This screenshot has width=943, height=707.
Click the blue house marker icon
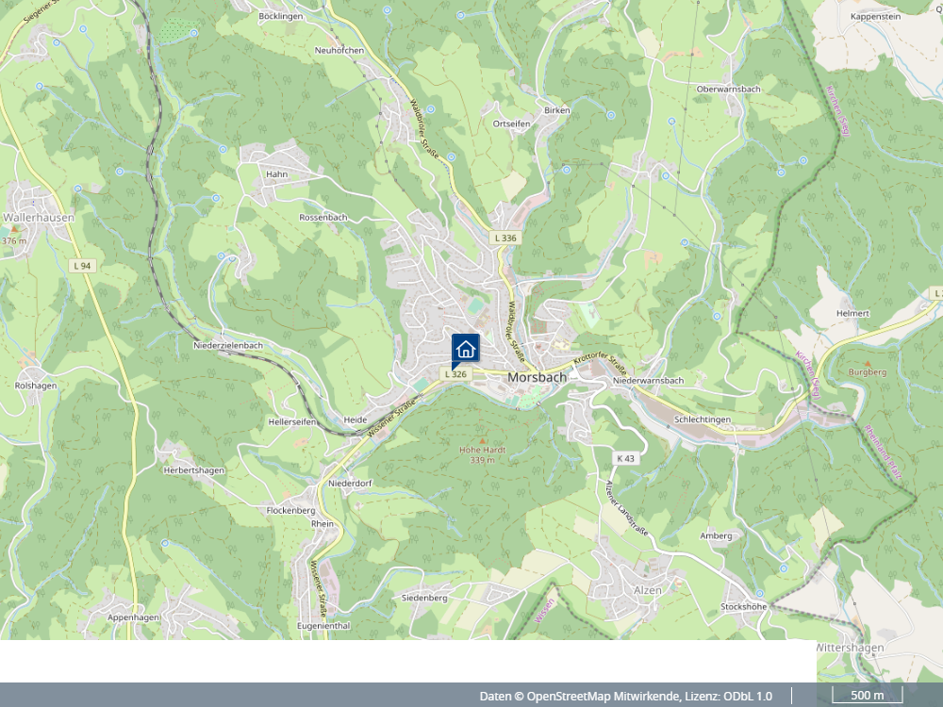[x=465, y=349]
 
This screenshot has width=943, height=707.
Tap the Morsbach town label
[x=537, y=377]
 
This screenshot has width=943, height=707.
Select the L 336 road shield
[x=505, y=238]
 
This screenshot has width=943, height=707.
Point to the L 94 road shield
[x=82, y=266]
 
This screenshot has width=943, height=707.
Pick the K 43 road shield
[x=625, y=458]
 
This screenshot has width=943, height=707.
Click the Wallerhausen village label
[x=39, y=217]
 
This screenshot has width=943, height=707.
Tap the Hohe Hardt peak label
[x=482, y=451]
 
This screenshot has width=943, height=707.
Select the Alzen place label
[x=648, y=589]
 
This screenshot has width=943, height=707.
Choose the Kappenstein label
[x=875, y=17]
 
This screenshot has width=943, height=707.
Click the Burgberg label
[x=868, y=372]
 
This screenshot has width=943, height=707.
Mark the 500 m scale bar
[x=867, y=697]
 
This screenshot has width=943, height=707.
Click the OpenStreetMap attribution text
[x=625, y=697]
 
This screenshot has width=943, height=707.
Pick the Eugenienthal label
[x=323, y=626]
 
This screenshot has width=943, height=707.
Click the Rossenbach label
[x=323, y=217]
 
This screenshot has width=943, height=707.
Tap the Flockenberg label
[x=290, y=510]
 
